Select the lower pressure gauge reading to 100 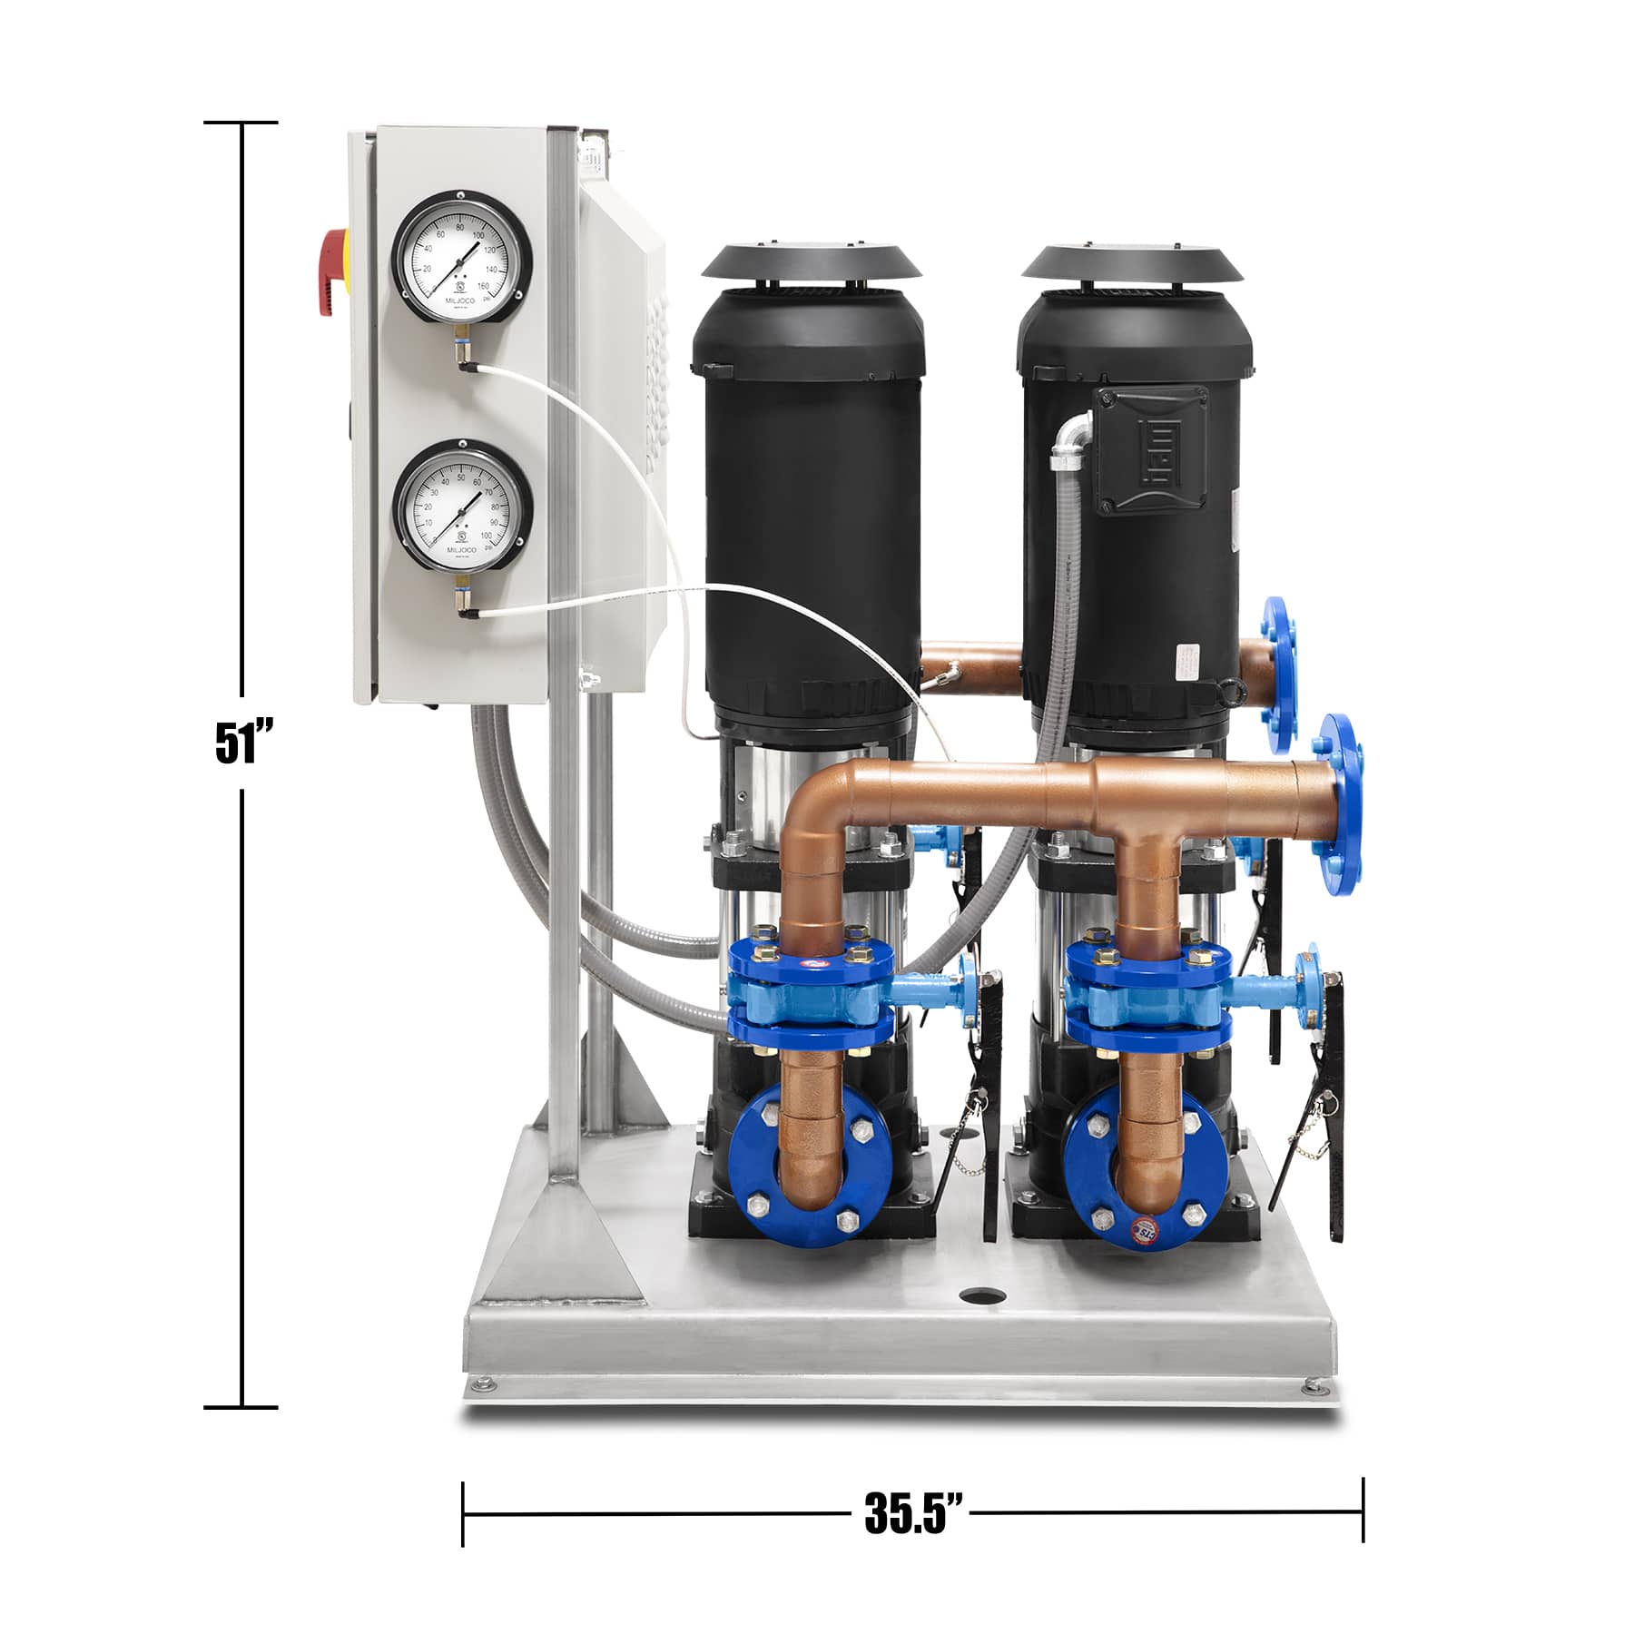coord(460,506)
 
